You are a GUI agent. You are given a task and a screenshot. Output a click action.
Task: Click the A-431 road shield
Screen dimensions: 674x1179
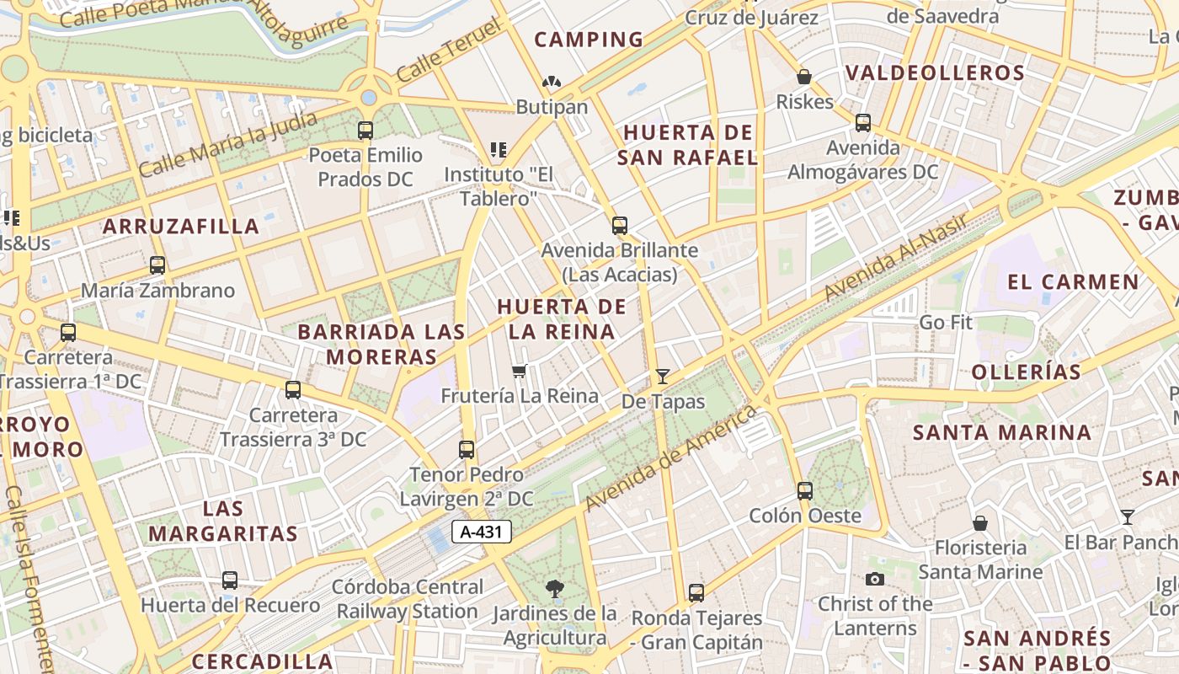(482, 532)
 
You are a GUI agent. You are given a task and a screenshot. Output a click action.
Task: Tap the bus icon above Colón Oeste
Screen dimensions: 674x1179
(805, 490)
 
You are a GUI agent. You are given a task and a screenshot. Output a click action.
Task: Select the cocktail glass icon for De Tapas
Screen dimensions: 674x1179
(663, 376)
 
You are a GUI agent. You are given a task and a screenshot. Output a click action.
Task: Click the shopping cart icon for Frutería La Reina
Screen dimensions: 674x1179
(520, 371)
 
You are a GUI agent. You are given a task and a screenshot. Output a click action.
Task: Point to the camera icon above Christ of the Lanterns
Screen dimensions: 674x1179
(875, 579)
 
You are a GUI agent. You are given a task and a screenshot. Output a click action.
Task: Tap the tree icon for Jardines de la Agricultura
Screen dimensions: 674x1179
(554, 588)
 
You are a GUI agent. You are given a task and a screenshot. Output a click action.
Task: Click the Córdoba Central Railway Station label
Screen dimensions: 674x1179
(408, 599)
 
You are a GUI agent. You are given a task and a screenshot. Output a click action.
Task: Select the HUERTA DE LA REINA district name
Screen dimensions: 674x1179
(562, 318)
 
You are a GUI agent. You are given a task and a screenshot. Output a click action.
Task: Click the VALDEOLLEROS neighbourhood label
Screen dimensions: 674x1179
(935, 72)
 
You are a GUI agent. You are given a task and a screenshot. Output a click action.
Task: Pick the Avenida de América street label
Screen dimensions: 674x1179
(670, 458)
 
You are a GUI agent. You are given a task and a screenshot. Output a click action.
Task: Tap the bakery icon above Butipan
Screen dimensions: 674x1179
(552, 82)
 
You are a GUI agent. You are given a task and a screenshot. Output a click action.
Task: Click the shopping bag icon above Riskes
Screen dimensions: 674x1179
(804, 77)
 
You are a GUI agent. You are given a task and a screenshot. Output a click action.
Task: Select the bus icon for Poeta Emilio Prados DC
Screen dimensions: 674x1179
(365, 131)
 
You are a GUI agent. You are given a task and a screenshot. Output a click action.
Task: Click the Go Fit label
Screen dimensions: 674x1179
(945, 322)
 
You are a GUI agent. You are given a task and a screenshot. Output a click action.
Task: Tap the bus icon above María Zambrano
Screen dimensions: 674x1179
(157, 265)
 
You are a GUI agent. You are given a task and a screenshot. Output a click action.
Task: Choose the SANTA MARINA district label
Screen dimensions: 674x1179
(1002, 433)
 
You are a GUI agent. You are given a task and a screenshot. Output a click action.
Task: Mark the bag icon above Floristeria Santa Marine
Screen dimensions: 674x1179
(979, 523)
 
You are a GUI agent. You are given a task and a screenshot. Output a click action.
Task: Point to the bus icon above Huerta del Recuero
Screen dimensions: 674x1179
(230, 580)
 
